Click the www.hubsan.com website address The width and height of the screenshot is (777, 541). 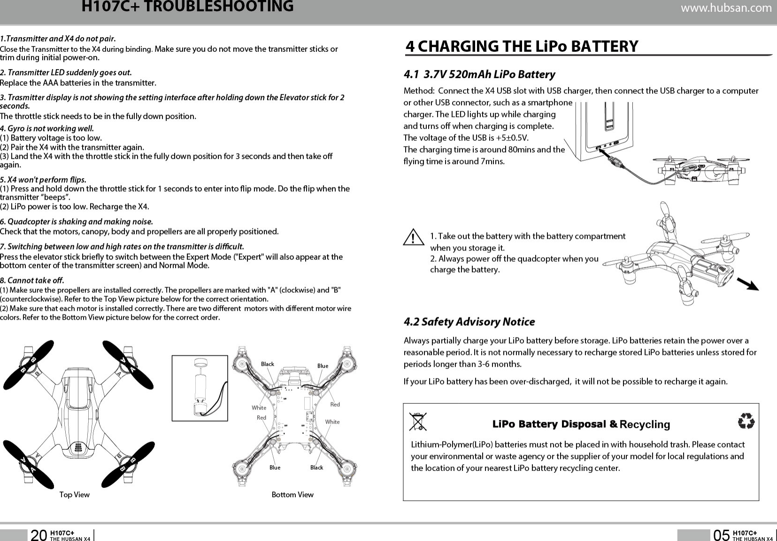(726, 8)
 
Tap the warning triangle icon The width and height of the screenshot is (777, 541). (413, 237)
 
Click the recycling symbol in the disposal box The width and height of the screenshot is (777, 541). (746, 421)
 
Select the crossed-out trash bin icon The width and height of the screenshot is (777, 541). (417, 422)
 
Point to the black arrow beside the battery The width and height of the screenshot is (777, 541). (748, 284)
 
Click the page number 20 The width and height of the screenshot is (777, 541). (38, 535)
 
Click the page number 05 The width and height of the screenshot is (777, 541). (721, 535)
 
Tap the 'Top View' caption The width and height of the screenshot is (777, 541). (74, 494)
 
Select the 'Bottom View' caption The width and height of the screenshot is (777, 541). (292, 494)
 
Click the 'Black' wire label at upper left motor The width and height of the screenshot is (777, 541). (267, 364)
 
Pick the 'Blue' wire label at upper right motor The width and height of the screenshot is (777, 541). (323, 366)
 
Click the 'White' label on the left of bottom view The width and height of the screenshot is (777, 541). (259, 408)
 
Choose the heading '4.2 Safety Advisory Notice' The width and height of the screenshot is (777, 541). (469, 322)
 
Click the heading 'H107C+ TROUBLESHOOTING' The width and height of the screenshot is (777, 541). (187, 7)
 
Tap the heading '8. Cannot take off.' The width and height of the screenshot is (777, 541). (32, 281)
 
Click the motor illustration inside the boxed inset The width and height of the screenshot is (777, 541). (200, 388)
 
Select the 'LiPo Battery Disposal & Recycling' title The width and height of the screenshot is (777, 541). (581, 424)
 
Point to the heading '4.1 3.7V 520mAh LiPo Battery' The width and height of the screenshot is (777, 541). (479, 74)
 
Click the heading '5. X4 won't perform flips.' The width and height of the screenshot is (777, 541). (43, 180)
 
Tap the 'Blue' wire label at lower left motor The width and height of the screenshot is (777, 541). (275, 468)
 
